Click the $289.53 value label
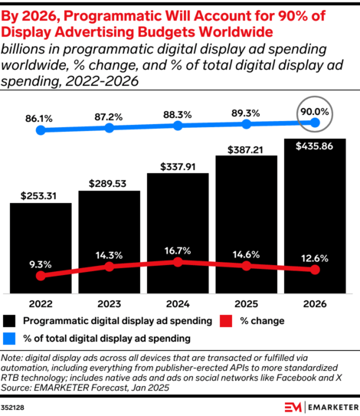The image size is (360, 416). [109, 185]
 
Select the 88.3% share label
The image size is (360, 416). [178, 116]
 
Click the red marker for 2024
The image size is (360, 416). [178, 262]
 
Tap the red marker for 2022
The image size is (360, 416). [41, 275]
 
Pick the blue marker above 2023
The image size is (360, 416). [109, 128]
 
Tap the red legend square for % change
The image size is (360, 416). [226, 321]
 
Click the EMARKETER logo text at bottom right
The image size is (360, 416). [326, 405]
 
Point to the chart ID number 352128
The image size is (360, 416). [16, 406]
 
